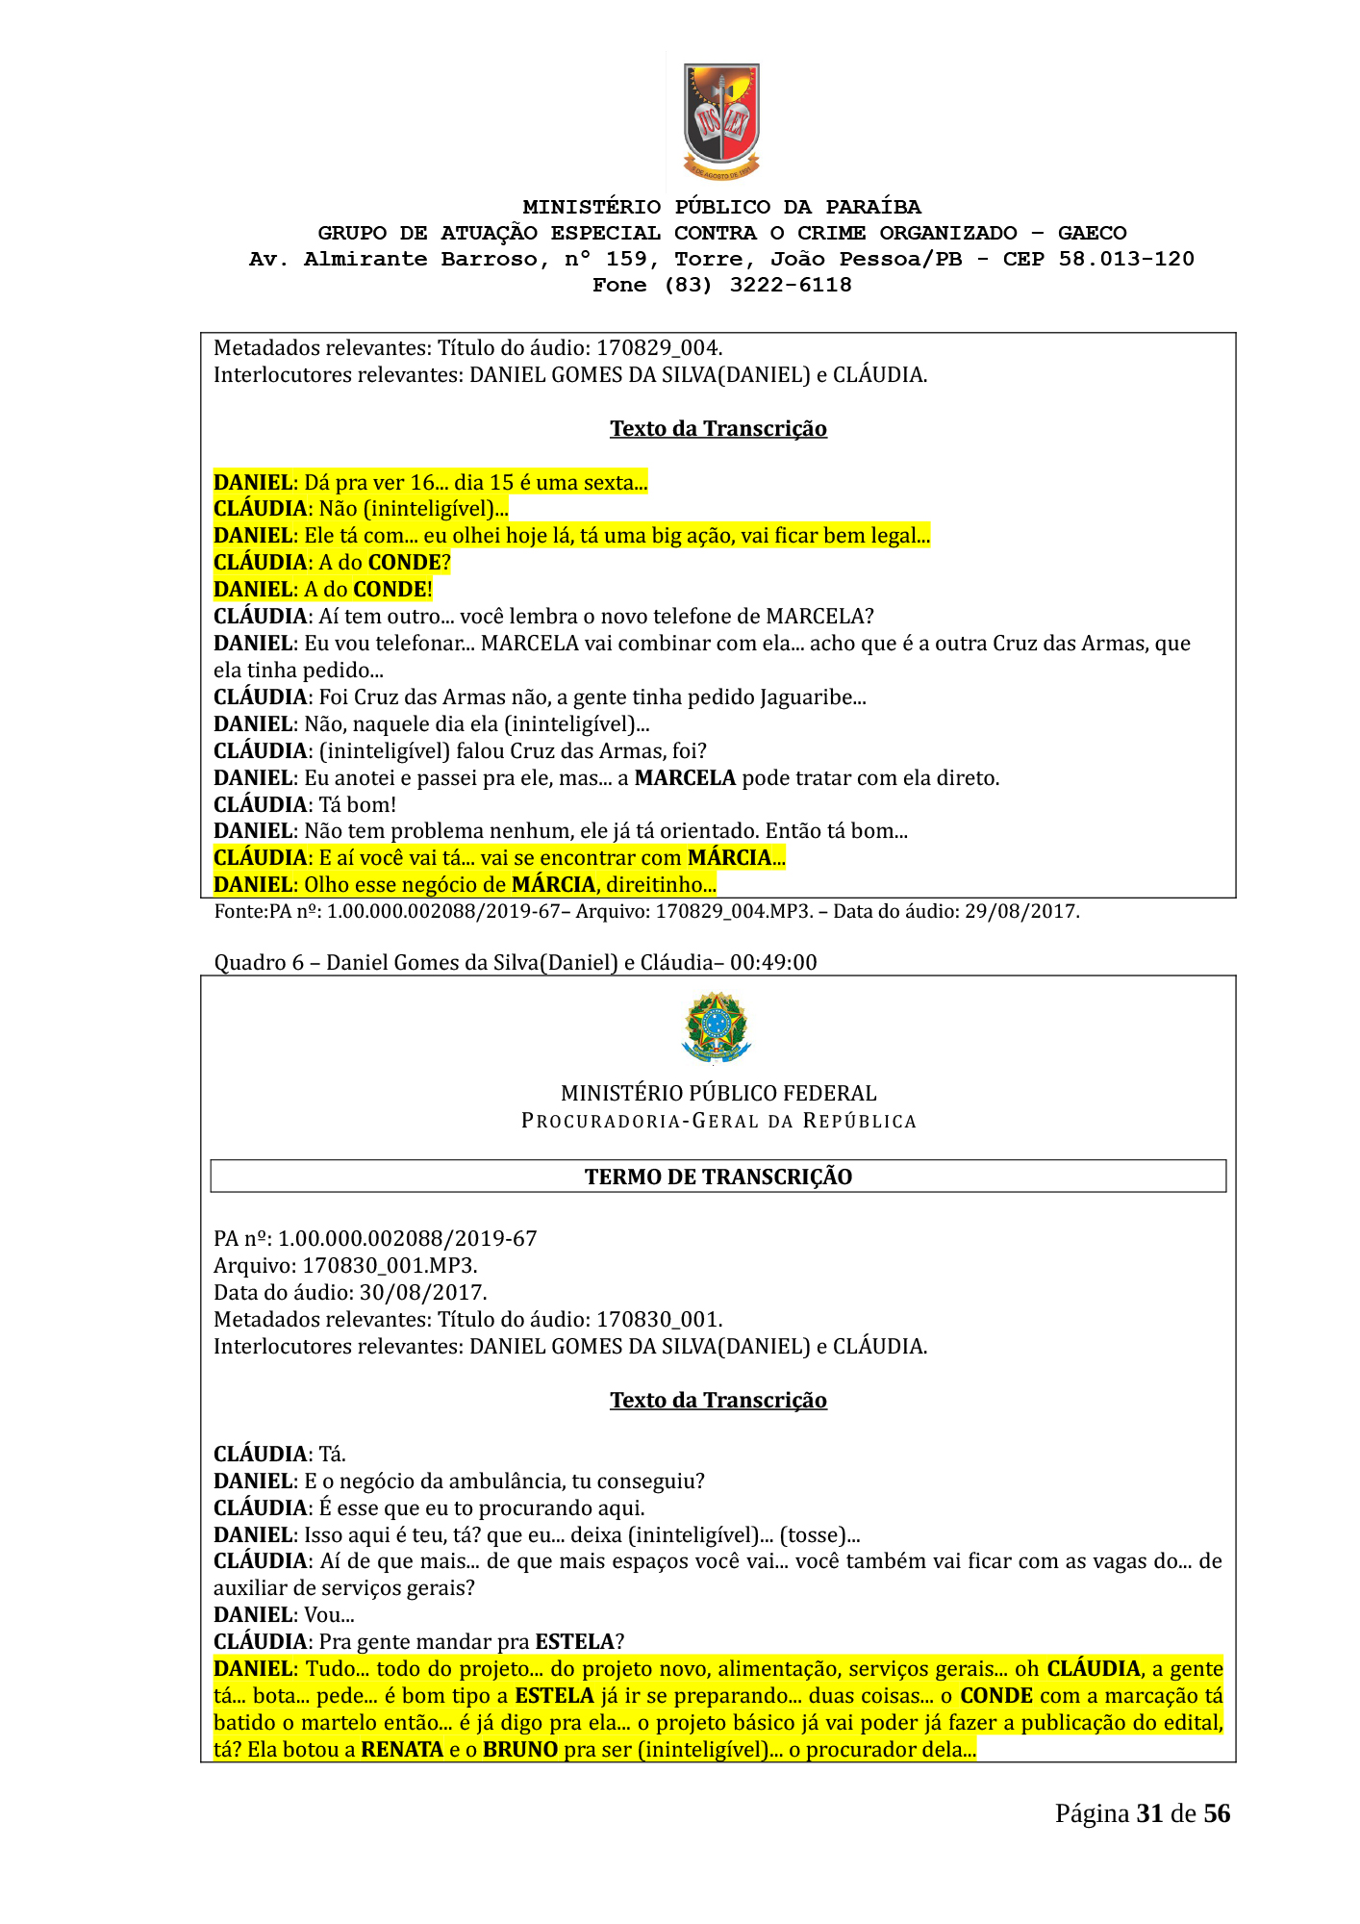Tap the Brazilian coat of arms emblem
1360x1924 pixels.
pos(716,1028)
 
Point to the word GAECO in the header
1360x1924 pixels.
pos(1092,234)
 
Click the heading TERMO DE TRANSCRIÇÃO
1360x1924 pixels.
pos(718,1177)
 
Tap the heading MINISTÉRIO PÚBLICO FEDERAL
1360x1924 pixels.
pos(718,1094)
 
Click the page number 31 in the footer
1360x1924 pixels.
pos(1149,1814)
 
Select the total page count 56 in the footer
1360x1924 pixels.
pos(1217,1814)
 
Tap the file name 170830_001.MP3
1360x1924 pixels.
pos(390,1266)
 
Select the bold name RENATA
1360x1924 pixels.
pos(402,1750)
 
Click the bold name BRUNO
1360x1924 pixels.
pos(520,1750)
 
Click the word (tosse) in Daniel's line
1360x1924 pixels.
pos(813,1535)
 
